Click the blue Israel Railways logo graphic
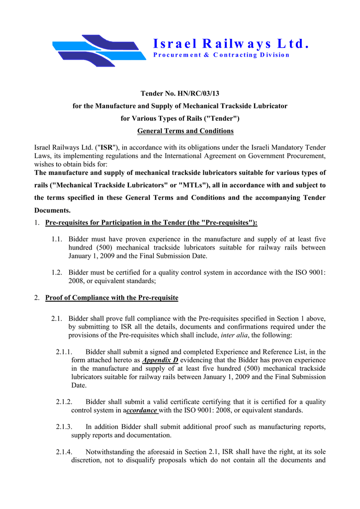click(x=99, y=50)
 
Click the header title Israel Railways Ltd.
click(x=231, y=44)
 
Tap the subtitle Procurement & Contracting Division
click(x=221, y=55)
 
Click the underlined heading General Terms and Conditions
click(x=185, y=131)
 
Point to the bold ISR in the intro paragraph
click(x=106, y=148)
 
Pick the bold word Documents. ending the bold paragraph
click(x=52, y=210)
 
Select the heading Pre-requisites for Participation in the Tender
click(x=151, y=222)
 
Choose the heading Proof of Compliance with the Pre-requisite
click(x=111, y=298)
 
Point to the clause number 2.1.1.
click(x=65, y=352)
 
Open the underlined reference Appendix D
click(x=160, y=360)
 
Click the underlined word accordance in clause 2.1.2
click(x=142, y=410)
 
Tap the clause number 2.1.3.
click(x=65, y=427)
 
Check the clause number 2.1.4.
click(x=65, y=452)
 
